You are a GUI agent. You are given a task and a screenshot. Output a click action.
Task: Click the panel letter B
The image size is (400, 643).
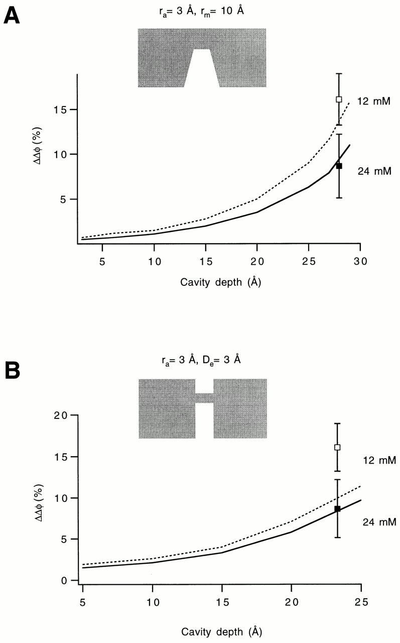(12, 372)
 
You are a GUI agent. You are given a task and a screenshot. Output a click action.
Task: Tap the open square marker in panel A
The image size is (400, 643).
(339, 99)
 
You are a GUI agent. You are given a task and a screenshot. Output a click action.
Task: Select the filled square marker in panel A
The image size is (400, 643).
(339, 166)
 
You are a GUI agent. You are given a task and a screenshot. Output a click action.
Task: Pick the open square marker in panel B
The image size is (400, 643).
(337, 447)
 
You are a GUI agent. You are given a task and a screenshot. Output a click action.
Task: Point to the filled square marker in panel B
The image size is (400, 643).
(337, 509)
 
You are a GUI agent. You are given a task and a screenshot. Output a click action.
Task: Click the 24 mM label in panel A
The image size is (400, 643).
(374, 172)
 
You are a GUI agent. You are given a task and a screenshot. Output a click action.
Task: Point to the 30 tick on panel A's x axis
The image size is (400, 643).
(360, 261)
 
